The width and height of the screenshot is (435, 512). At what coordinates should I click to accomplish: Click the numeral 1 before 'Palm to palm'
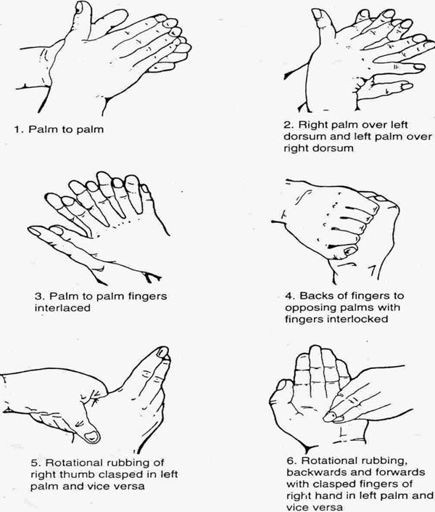click(x=17, y=129)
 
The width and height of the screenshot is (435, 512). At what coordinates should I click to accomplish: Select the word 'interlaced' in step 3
click(x=62, y=308)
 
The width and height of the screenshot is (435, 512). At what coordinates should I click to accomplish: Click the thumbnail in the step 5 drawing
click(x=91, y=436)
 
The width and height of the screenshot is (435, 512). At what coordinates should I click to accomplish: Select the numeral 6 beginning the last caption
click(x=291, y=460)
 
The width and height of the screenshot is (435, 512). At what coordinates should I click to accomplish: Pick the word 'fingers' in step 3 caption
click(x=147, y=296)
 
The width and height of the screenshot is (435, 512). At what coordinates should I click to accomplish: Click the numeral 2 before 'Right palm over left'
click(x=287, y=125)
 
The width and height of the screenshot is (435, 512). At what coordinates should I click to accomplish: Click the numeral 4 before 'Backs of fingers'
click(x=289, y=296)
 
